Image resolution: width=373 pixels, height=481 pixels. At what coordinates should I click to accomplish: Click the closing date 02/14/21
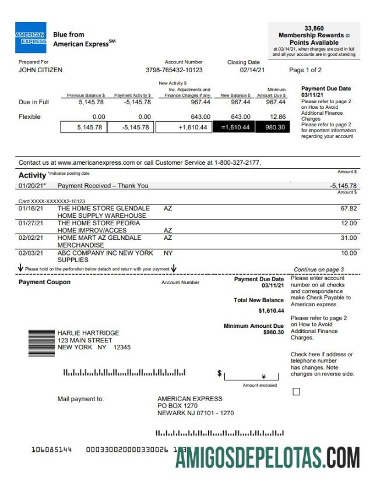[x=252, y=70]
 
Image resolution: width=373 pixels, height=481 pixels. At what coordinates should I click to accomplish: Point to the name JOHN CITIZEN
[x=40, y=70]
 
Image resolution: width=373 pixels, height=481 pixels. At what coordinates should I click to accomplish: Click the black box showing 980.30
[x=272, y=128]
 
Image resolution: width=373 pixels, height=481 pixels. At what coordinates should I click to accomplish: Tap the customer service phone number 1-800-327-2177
[x=237, y=162]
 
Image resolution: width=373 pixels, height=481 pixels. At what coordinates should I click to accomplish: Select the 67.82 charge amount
[x=349, y=208]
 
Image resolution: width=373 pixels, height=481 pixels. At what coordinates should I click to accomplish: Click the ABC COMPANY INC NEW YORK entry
[x=105, y=253]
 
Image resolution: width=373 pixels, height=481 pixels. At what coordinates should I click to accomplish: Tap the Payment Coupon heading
[x=44, y=282]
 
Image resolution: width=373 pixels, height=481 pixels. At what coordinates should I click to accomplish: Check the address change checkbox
[x=296, y=392]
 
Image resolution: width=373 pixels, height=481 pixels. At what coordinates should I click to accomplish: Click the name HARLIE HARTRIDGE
[x=88, y=333]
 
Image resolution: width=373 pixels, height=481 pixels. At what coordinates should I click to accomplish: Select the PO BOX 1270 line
[x=177, y=406]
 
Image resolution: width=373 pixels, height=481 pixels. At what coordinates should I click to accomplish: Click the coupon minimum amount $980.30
[x=273, y=333]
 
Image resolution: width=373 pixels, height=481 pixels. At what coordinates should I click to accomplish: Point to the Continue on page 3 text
[x=319, y=270]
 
